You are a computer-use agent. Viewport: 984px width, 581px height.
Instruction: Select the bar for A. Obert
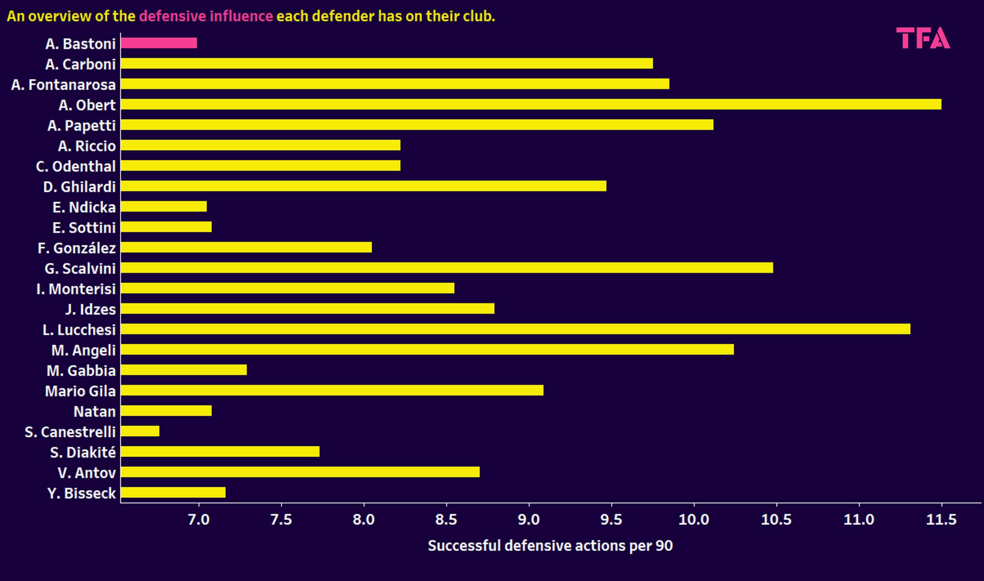(x=531, y=104)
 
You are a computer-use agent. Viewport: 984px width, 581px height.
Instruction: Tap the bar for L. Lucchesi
(x=515, y=329)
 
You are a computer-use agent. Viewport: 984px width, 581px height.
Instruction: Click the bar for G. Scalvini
(x=446, y=268)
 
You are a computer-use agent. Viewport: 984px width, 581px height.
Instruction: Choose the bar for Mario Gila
(x=332, y=390)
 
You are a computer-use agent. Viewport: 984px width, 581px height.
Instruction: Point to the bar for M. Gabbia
(x=184, y=370)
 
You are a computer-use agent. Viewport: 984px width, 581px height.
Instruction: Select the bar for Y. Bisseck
(x=173, y=492)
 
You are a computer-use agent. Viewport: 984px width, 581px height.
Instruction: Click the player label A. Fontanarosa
(x=63, y=85)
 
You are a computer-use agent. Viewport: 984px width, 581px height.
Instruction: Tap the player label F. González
(x=77, y=248)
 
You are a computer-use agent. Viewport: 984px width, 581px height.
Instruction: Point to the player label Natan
(x=95, y=411)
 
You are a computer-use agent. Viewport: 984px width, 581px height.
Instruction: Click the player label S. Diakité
(x=83, y=453)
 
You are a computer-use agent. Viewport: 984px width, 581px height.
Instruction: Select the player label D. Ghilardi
(x=79, y=187)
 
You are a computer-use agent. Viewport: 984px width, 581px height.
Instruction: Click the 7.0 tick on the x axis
(x=199, y=520)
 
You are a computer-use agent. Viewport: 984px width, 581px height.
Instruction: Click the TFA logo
(x=923, y=38)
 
